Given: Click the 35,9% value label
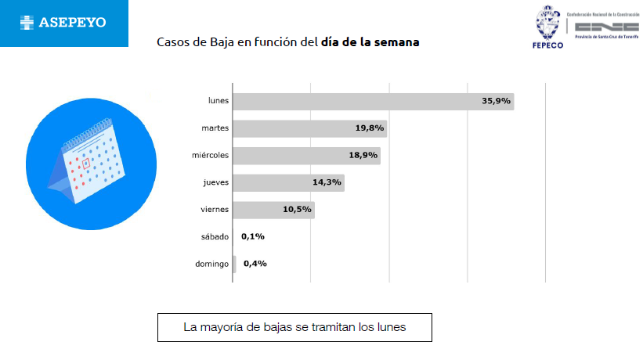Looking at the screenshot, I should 496,101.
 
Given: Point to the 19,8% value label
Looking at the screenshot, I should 370,128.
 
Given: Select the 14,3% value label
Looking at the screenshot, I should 327,182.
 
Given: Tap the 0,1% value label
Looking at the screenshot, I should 252,236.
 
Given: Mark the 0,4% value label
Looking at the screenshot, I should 255,264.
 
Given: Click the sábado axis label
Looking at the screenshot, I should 215,236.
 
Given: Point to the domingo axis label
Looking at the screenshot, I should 211,264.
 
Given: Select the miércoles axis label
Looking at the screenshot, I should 210,155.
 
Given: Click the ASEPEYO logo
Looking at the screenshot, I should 63,23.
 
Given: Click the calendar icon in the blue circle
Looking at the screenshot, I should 86,160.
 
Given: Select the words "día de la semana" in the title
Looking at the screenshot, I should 370,41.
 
